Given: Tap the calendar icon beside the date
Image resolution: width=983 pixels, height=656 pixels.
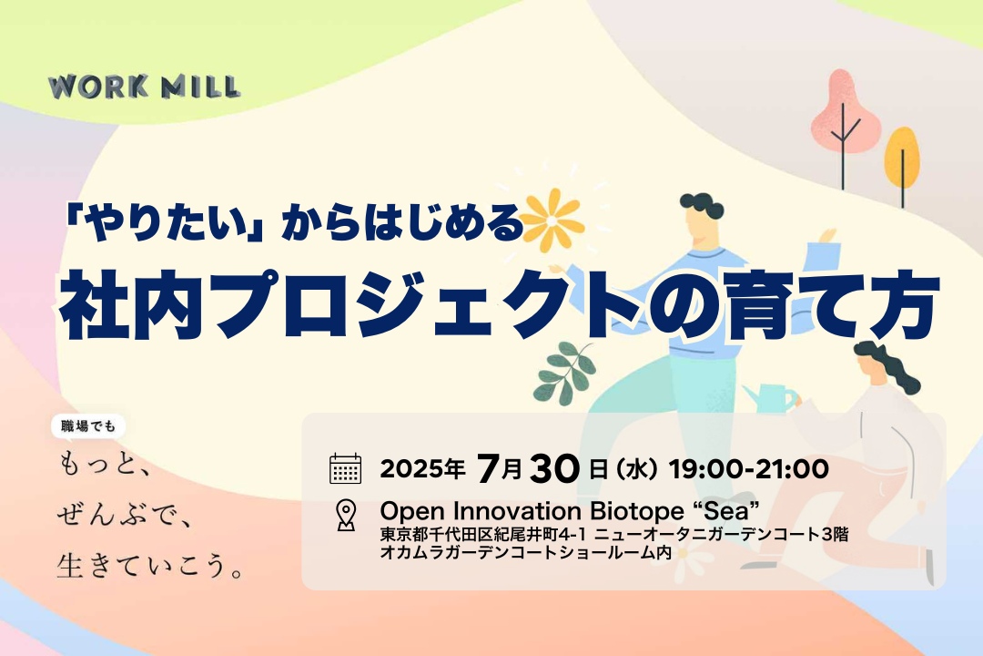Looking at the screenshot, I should [345, 468].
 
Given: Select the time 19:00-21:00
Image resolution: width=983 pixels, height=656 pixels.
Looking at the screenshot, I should [748, 468].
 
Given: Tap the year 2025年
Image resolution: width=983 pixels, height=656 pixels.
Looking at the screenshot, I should [422, 469].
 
